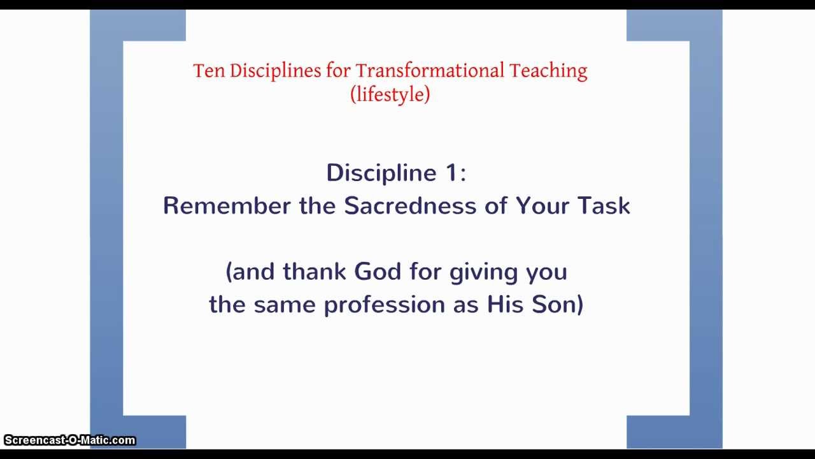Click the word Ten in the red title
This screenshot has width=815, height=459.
tap(209, 71)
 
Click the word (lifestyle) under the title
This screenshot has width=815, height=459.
tap(390, 94)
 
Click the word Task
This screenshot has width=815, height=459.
tap(604, 206)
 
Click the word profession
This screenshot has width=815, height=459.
tap(385, 305)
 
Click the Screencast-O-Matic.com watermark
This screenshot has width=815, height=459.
tap(69, 440)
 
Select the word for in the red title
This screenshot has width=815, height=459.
tap(338, 71)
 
